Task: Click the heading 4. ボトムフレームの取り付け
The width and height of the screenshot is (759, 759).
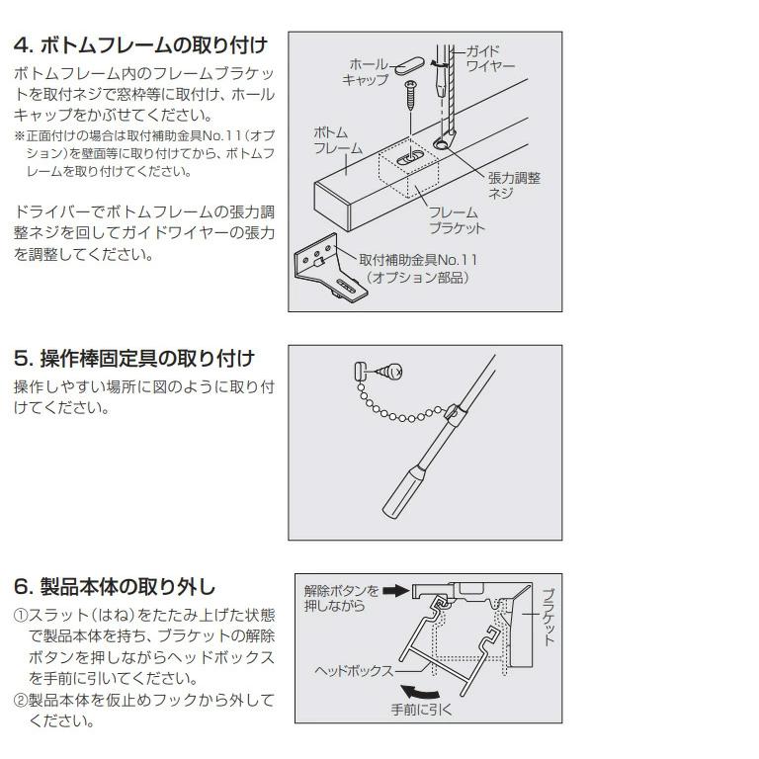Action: [x=140, y=45]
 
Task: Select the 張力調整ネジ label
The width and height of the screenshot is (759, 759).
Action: [x=514, y=185]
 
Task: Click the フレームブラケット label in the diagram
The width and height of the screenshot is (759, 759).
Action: [x=457, y=220]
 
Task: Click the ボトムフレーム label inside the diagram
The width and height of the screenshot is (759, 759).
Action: [x=338, y=140]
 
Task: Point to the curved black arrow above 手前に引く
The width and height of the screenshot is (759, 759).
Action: [x=431, y=687]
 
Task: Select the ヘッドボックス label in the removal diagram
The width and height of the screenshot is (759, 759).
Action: [x=354, y=670]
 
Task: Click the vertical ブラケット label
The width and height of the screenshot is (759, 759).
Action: [x=548, y=615]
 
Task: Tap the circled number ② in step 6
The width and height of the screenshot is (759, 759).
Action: [x=20, y=701]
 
